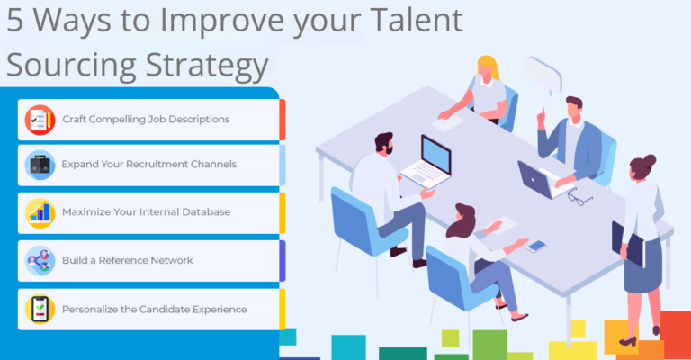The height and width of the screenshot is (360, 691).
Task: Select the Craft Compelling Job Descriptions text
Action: click(x=146, y=119)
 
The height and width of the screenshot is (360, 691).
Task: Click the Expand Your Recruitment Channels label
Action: click(x=148, y=165)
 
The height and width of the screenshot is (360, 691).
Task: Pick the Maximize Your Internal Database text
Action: click(x=146, y=212)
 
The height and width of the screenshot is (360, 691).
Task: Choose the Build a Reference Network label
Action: click(x=127, y=260)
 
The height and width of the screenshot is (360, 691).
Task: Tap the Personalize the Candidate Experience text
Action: click(x=154, y=309)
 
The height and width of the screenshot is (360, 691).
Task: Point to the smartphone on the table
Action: click(x=536, y=246)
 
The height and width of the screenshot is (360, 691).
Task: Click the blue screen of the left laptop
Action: click(x=436, y=155)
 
